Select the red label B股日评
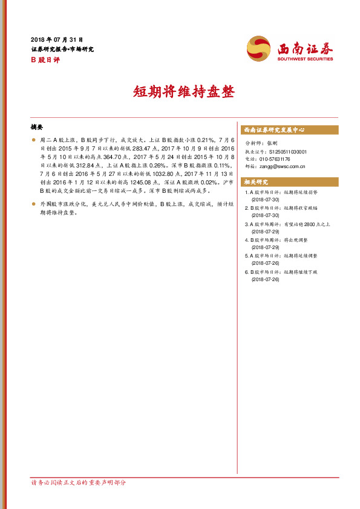pos(44,60)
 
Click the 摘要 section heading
pos(37,128)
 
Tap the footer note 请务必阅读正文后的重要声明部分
pos(78,482)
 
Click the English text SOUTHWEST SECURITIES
pos(305,59)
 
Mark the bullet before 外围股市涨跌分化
pos(34,205)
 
